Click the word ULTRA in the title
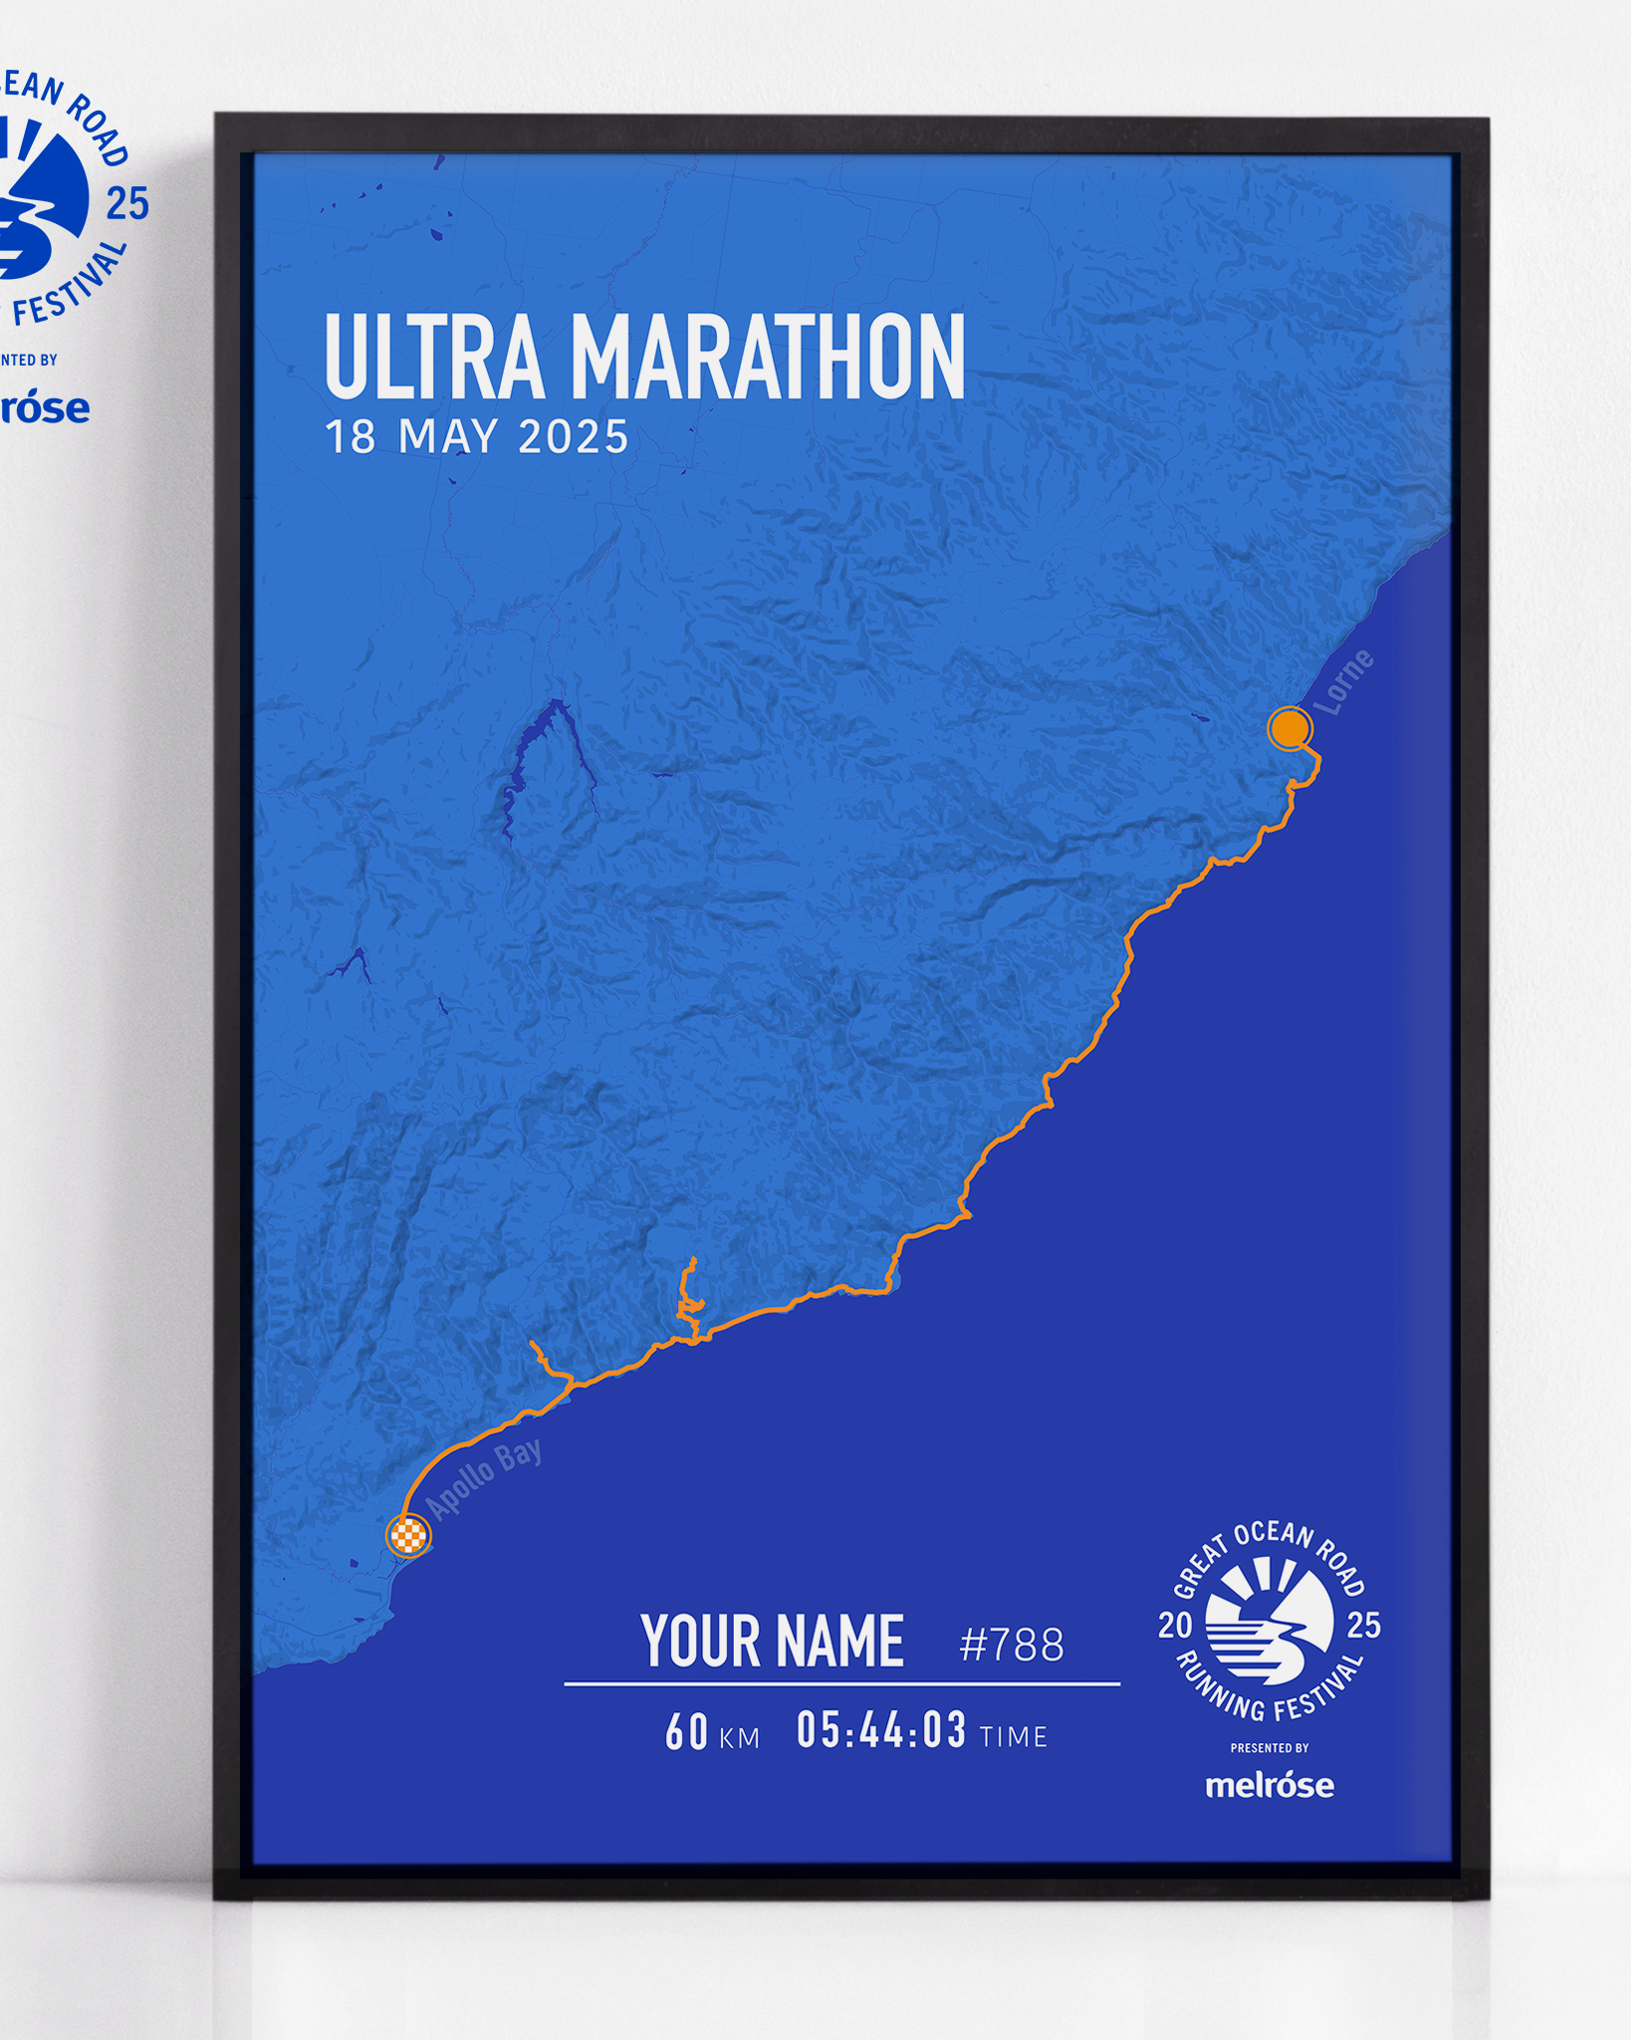click(435, 357)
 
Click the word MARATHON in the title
click(767, 357)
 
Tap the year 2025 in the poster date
click(574, 437)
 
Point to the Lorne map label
click(1343, 681)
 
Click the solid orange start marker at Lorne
click(1289, 728)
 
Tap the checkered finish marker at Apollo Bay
click(408, 1535)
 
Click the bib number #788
click(1012, 1645)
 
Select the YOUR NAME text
click(773, 1642)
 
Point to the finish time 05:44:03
click(881, 1730)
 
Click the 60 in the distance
click(686, 1732)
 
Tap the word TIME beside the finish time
click(1014, 1737)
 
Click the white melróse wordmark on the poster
click(1270, 1784)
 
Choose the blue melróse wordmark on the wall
click(44, 408)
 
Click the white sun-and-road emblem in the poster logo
click(1270, 1622)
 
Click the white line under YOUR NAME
click(841, 1683)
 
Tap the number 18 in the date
click(350, 437)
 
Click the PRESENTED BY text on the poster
click(1270, 1748)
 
